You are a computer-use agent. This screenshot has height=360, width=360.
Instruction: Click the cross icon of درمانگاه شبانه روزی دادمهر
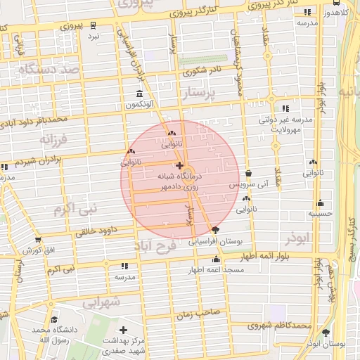click(x=179, y=165)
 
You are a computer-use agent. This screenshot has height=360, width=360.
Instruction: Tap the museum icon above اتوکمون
click(x=139, y=94)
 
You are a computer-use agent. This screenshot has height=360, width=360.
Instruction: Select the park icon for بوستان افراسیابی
click(x=215, y=230)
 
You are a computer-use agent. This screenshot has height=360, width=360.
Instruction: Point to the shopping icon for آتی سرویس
click(x=247, y=174)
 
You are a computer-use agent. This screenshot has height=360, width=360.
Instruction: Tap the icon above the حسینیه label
click(x=321, y=202)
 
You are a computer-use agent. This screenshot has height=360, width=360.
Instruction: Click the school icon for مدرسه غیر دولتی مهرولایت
click(x=285, y=108)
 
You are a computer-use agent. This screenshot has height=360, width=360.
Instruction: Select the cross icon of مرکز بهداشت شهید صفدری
click(x=124, y=329)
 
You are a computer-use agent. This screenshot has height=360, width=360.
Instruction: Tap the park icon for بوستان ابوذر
click(x=326, y=332)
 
